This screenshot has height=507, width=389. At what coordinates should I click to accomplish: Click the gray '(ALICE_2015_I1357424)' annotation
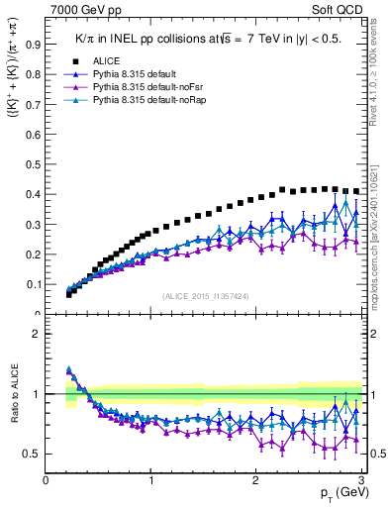[x=205, y=295]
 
